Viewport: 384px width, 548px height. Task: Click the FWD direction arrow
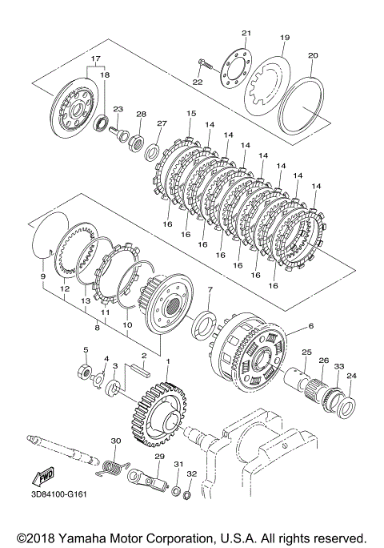pos(43,477)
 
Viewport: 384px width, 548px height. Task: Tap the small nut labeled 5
pos(84,370)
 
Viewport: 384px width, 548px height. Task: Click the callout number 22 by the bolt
pos(198,82)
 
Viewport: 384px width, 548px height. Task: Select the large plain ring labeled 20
pos(302,105)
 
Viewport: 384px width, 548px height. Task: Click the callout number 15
pos(191,114)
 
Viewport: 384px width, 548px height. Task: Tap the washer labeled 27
pos(153,150)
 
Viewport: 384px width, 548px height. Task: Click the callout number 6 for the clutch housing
pos(310,326)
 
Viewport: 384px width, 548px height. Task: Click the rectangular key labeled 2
pos(140,369)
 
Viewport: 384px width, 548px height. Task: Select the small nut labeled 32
pos(186,494)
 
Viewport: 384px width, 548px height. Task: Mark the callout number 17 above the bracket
pos(96,58)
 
